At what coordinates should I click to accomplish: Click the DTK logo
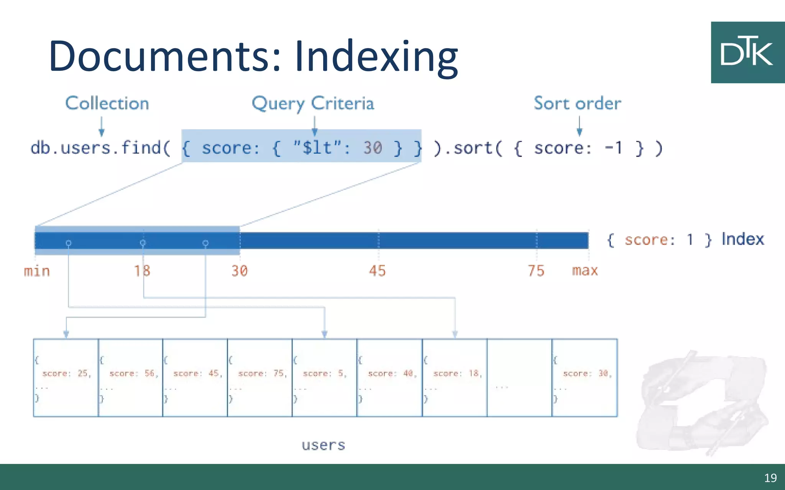pyautogui.click(x=747, y=52)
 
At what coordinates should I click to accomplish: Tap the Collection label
pyautogui.click(x=107, y=103)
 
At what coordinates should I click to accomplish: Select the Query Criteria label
pyautogui.click(x=313, y=103)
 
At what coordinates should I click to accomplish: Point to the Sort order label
pyautogui.click(x=577, y=103)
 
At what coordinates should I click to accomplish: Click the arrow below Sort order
pyautogui.click(x=579, y=127)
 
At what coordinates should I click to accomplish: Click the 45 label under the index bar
pyautogui.click(x=377, y=271)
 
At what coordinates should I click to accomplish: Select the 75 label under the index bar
pyautogui.click(x=536, y=271)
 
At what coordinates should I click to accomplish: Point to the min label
pyautogui.click(x=37, y=271)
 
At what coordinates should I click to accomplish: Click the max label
pyautogui.click(x=585, y=271)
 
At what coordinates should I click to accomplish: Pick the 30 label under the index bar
pyautogui.click(x=240, y=271)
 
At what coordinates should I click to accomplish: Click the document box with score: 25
pyautogui.click(x=66, y=377)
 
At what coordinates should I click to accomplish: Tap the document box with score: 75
pyautogui.click(x=260, y=377)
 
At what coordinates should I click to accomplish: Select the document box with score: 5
pyautogui.click(x=324, y=377)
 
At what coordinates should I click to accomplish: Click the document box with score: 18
pyautogui.click(x=455, y=377)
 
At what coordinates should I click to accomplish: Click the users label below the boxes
pyautogui.click(x=323, y=445)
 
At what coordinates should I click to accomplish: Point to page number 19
pyautogui.click(x=770, y=478)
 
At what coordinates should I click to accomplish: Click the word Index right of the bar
pyautogui.click(x=742, y=239)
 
